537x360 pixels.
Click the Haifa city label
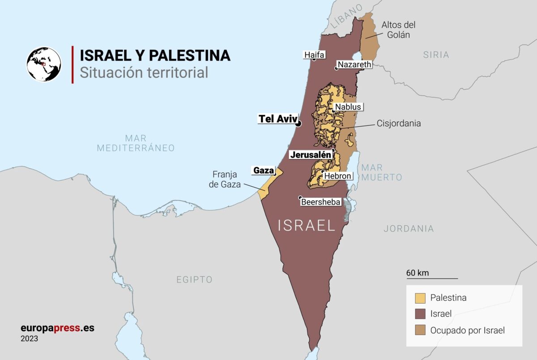314,55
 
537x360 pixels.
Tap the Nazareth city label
354,64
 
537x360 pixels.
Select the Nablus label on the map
347,107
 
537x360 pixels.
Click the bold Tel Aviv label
277,119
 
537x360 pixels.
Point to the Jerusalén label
311,155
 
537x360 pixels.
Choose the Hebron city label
338,176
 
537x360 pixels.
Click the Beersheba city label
321,202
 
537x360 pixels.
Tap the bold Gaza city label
264,170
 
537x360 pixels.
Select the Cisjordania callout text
399,123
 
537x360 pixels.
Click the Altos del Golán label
398,30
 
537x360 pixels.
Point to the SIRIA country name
436,55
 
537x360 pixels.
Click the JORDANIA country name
409,228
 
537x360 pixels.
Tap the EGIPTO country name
194,280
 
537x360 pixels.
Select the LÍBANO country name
347,18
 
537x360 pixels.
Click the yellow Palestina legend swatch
420,298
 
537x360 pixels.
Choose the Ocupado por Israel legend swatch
420,330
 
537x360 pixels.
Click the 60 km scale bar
432,278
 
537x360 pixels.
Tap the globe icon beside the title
44,64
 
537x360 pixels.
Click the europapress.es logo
57,328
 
